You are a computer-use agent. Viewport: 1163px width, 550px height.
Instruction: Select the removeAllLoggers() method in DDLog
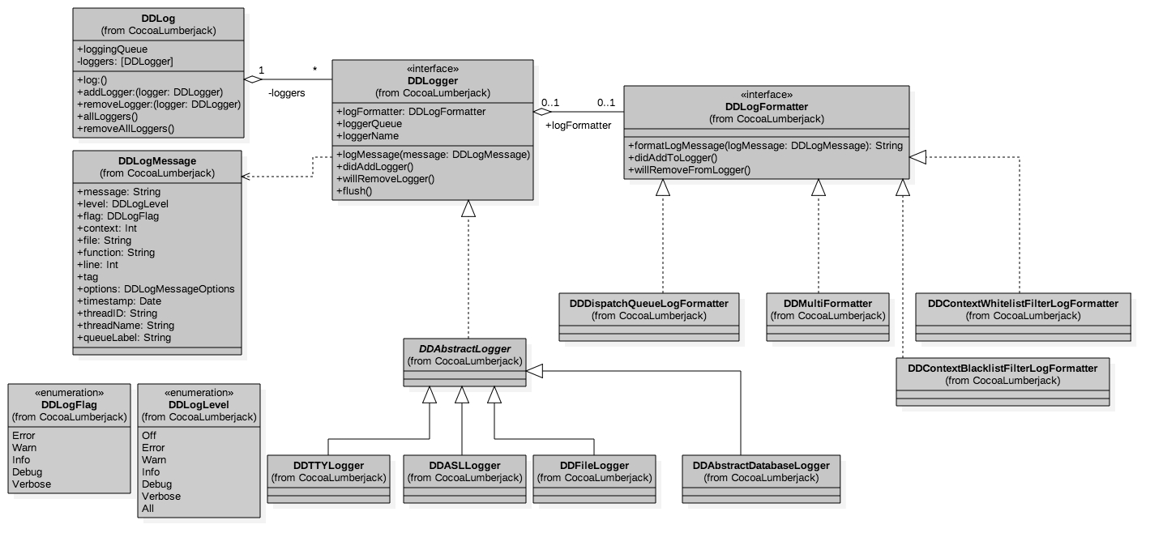pos(126,128)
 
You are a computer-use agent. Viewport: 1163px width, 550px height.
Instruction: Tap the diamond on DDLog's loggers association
pos(254,79)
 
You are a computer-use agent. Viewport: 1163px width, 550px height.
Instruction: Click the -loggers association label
pos(286,93)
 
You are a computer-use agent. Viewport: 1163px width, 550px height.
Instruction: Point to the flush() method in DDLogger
pos(354,190)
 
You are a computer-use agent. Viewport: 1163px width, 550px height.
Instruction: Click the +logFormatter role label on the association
pos(578,126)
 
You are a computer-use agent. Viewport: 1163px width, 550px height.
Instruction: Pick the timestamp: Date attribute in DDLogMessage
pos(119,301)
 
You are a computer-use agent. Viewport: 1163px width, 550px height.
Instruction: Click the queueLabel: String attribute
pos(124,338)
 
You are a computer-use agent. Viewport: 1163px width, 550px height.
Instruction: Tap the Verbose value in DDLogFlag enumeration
pos(32,484)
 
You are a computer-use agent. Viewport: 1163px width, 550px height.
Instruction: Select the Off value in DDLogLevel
pos(149,436)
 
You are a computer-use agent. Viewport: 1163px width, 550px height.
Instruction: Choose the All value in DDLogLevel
pos(148,509)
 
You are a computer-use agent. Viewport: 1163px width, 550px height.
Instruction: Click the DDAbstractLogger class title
pos(464,348)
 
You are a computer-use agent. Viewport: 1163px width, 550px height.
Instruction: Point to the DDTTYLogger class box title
pos(328,465)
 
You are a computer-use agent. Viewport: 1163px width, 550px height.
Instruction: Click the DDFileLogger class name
pos(594,465)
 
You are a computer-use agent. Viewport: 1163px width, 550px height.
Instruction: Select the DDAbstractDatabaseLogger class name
pos(761,465)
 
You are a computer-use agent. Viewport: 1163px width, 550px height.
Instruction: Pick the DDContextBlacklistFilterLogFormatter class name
pos(1003,368)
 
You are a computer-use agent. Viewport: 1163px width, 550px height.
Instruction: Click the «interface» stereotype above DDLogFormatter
pos(766,94)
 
